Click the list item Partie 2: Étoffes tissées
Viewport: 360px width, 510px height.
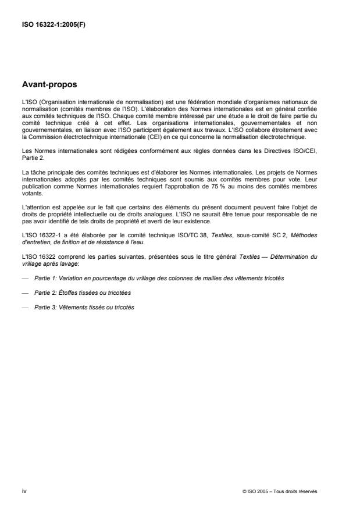coord(83,293)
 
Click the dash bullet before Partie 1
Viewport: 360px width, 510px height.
coord(24,279)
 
